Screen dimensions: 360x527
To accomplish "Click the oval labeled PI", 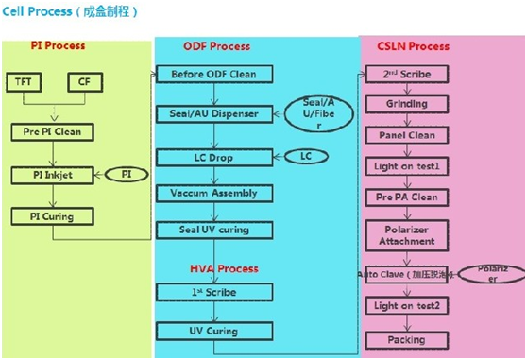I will click(x=126, y=175).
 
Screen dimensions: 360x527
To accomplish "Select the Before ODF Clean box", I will click(x=213, y=74).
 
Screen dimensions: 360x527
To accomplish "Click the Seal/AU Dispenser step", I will click(x=213, y=113).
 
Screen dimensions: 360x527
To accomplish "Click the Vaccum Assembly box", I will click(x=213, y=193).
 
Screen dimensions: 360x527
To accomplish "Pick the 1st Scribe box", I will click(x=213, y=293).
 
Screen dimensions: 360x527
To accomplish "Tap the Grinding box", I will click(x=405, y=103).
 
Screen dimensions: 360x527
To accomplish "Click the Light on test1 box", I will click(x=405, y=165).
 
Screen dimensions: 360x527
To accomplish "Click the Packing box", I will click(x=405, y=339).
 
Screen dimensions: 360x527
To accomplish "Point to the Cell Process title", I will click(x=71, y=11).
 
